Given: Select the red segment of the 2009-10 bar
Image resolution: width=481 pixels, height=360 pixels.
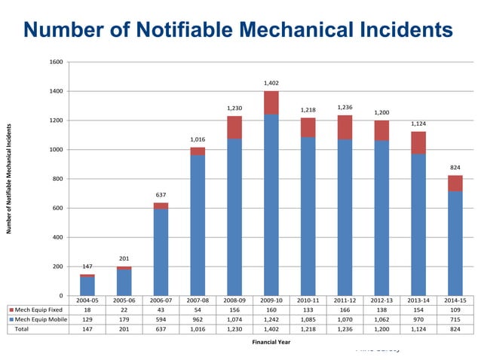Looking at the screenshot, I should point(271,102).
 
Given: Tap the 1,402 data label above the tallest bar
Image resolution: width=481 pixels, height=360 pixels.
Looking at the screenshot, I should point(271,82).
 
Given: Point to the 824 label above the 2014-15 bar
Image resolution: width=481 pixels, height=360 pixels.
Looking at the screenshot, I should point(455,166).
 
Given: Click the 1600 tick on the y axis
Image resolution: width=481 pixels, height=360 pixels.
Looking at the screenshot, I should point(56,62).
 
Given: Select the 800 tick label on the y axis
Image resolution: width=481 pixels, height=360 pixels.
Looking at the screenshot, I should point(57,178).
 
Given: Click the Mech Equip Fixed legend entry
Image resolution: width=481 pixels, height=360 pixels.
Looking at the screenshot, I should point(38,309).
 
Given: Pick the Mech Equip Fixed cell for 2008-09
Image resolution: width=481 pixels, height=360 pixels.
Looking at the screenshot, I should point(234,309).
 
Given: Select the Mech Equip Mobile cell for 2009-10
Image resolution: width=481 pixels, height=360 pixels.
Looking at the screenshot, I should point(271,319).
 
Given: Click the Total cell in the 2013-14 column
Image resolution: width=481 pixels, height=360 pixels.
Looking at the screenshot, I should point(418,329).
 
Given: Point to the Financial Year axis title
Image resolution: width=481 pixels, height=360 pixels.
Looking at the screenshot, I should point(270,341).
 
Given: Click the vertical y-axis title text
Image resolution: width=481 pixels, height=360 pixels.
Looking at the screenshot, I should point(10,177).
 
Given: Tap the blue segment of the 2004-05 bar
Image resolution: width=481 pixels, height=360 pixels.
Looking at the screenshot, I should point(87,286).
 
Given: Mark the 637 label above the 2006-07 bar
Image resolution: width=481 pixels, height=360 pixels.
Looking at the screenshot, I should point(161,194).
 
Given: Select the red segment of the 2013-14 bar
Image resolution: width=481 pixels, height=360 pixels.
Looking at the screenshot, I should point(418,142).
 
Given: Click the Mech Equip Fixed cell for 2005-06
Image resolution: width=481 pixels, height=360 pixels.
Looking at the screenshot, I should point(124,309).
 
